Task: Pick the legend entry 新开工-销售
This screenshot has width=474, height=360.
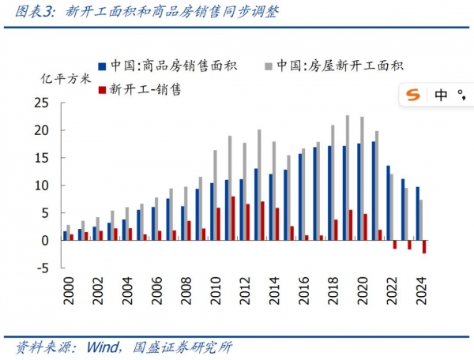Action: pyautogui.click(x=145, y=89)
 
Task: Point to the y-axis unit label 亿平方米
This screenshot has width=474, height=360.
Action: pyautogui.click(x=66, y=79)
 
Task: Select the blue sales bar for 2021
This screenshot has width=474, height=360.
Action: pyautogui.click(x=373, y=190)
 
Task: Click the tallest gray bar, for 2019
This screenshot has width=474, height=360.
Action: pyautogui.click(x=348, y=178)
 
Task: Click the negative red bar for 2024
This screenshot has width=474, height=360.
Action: pyautogui.click(x=424, y=246)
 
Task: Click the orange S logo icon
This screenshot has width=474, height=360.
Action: pyautogui.click(x=412, y=96)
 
